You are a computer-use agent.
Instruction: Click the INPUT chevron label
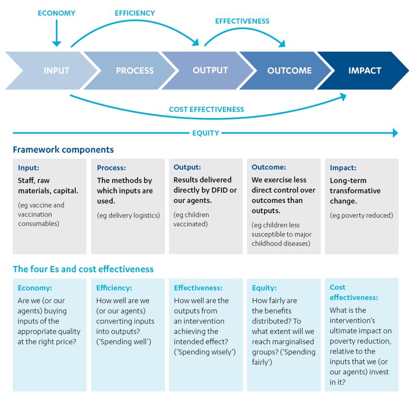[56, 71]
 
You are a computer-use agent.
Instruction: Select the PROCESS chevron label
[135, 71]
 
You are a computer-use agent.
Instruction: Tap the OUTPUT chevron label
[210, 70]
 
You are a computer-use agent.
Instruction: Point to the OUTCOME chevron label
[289, 71]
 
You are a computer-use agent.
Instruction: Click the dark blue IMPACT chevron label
[365, 71]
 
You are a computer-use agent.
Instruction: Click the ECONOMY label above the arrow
[56, 13]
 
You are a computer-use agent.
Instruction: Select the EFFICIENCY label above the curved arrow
[134, 13]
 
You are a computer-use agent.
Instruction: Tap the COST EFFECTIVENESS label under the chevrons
[206, 109]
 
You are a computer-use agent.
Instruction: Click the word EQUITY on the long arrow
[206, 133]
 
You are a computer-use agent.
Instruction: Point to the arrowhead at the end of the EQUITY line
[395, 133]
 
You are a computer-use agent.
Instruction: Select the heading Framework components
[63, 150]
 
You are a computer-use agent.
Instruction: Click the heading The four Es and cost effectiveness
[83, 269]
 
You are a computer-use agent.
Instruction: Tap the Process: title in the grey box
[111, 168]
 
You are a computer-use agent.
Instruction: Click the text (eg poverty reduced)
[361, 215]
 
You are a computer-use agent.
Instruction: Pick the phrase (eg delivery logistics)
[128, 215]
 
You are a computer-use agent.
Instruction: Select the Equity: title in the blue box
[264, 288]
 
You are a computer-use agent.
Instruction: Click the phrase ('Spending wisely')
[204, 352]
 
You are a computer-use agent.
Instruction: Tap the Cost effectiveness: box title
[353, 292]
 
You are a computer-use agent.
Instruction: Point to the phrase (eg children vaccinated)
[191, 219]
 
